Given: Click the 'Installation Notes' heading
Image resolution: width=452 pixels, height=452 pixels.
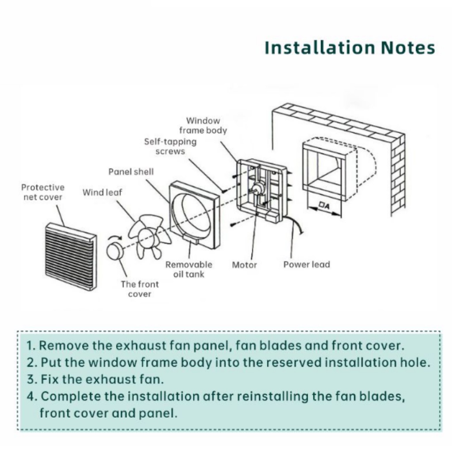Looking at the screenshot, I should click(350, 48).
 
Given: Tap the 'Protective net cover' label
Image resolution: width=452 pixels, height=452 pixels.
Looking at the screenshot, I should click(42, 192).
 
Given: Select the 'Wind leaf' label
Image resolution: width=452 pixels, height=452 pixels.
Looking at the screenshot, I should click(102, 192).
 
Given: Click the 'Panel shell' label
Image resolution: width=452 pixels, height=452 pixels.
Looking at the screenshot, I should click(131, 172).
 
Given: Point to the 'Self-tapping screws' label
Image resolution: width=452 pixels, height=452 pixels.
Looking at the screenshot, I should click(170, 147).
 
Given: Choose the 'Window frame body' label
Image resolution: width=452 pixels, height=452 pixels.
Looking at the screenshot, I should click(203, 125).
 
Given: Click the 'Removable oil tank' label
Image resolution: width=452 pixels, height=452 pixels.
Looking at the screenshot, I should click(188, 269).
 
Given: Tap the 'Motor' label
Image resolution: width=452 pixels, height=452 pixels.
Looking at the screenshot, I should click(244, 265).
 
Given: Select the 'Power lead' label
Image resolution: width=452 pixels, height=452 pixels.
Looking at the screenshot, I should click(306, 265).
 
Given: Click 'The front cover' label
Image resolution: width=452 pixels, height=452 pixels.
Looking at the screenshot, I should click(139, 289).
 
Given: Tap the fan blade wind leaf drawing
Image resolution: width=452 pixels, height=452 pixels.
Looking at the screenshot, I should click(149, 237).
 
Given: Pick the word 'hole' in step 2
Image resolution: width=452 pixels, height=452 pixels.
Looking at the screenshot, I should click(417, 362).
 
